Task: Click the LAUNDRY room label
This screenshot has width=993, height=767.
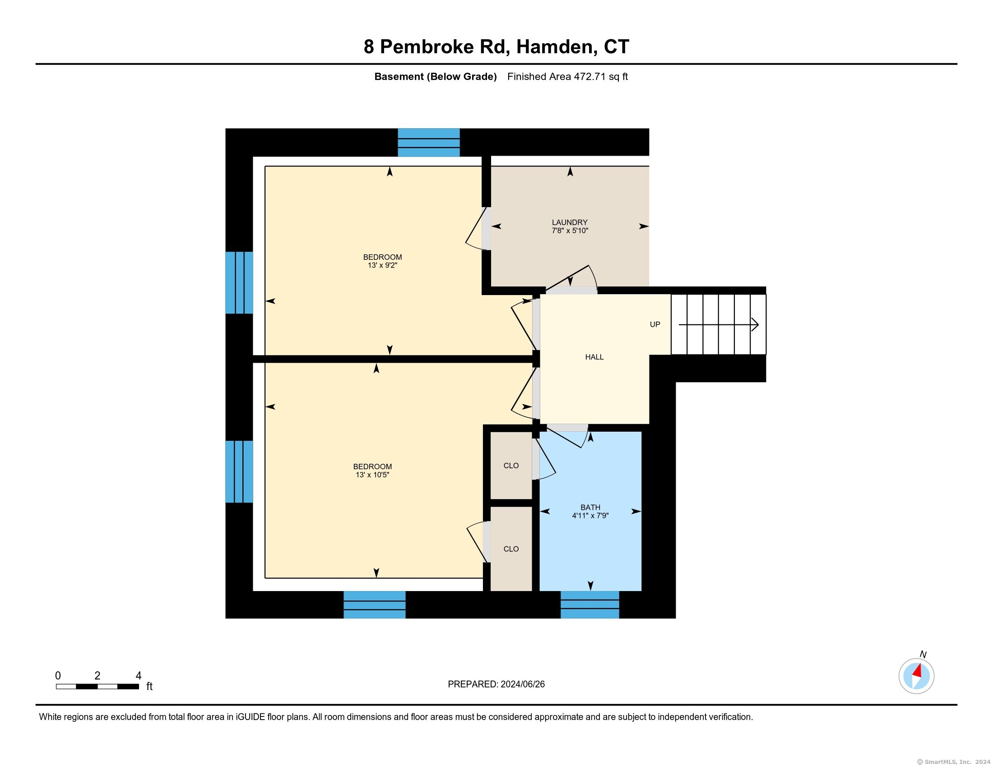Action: click(570, 222)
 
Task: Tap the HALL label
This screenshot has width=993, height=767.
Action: click(594, 357)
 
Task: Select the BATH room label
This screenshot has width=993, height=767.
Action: click(590, 508)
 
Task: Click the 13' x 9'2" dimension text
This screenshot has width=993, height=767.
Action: click(382, 265)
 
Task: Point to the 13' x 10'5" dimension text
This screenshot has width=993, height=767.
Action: click(372, 475)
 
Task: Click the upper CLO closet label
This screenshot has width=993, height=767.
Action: click(511, 466)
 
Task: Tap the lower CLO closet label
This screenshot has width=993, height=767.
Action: click(511, 549)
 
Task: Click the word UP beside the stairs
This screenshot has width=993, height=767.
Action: click(655, 324)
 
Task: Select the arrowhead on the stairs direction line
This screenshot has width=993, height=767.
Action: click(755, 324)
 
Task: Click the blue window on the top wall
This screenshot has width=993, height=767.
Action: click(429, 143)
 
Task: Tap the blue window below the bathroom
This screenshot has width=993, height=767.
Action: click(590, 604)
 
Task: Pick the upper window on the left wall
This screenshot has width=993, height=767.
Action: click(239, 282)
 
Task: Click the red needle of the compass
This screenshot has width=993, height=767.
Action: click(918, 670)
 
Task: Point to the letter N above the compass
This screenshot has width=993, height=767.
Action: click(923, 654)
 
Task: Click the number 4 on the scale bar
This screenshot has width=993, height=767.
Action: click(138, 676)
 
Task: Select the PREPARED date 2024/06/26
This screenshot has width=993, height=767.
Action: click(522, 684)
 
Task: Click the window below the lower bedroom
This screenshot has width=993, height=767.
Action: click(374, 604)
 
